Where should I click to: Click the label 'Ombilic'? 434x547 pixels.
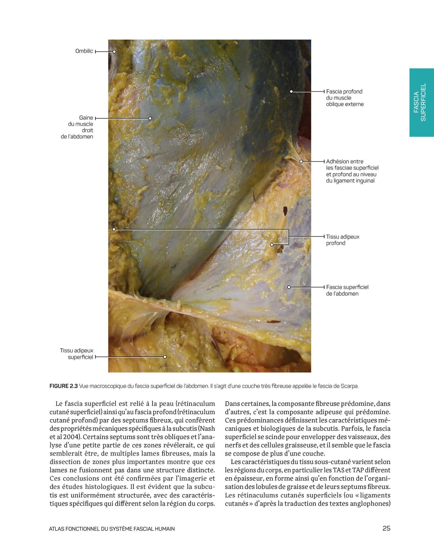(84, 51)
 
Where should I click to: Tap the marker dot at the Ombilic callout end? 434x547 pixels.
(114, 52)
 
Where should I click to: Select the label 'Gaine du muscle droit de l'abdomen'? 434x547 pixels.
(77, 127)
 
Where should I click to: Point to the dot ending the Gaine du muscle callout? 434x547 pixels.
(150, 118)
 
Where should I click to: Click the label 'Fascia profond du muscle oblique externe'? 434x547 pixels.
(345, 98)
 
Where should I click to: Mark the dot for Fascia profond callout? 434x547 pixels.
(291, 91)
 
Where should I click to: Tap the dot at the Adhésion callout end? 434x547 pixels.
(301, 161)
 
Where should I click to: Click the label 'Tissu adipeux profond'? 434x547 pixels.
(343, 240)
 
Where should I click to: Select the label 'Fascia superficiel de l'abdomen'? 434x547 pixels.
(347, 290)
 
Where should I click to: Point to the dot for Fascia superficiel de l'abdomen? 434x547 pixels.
(289, 287)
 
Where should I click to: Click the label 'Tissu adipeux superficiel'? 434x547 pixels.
(77, 354)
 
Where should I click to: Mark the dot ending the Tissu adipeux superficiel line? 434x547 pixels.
(165, 357)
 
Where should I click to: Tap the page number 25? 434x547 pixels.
(386, 528)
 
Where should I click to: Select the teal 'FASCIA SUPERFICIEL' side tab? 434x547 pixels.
(421, 102)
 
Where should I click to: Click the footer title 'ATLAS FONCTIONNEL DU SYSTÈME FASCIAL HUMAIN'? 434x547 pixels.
(112, 529)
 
